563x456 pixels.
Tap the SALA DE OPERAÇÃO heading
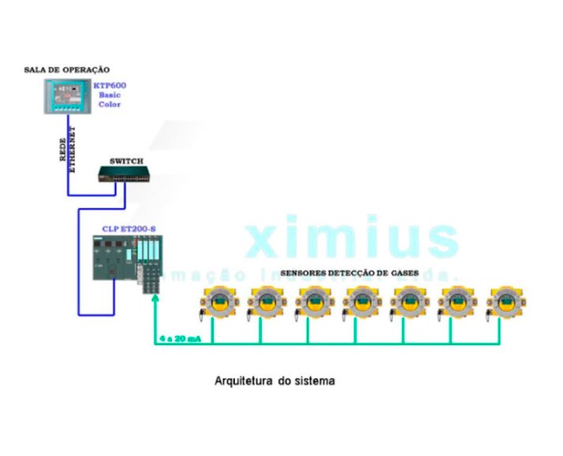67,70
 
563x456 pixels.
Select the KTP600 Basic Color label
110,95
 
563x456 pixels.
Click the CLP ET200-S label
129,229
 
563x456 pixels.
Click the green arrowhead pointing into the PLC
155,298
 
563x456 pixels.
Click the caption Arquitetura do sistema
275,381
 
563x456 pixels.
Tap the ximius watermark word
352,238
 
